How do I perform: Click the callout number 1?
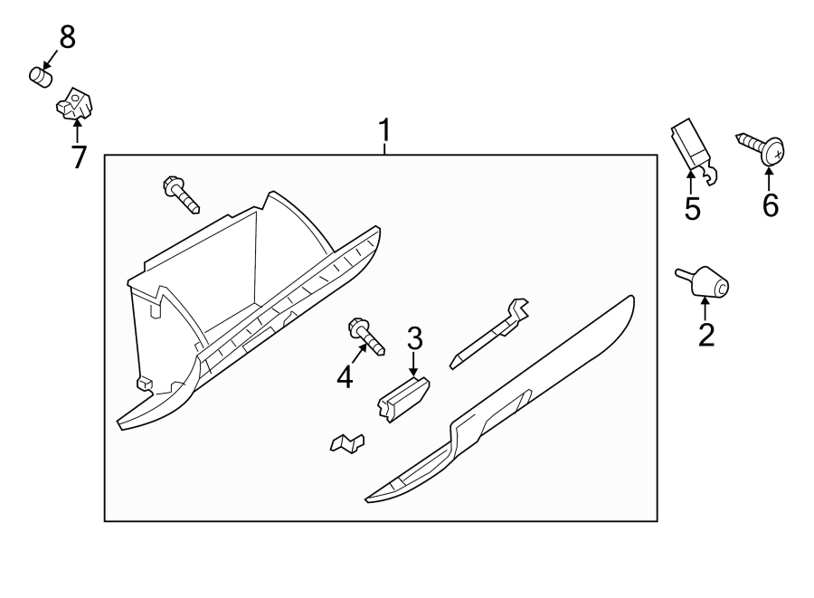point(384,132)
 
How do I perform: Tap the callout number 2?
point(706,335)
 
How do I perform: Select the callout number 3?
point(414,339)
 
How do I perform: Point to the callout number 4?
point(345,376)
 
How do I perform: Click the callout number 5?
point(692,208)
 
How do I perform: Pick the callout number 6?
point(770,205)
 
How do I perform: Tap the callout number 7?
point(78,157)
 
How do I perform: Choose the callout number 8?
point(67,37)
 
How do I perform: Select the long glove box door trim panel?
point(506,398)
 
